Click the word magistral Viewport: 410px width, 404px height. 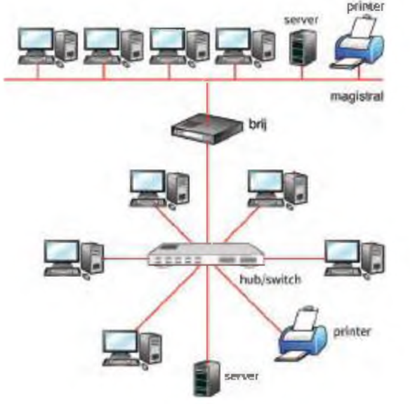click(357, 96)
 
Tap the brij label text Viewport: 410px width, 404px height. click(258, 124)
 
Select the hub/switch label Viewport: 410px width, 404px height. click(270, 280)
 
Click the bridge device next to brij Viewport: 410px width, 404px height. click(206, 128)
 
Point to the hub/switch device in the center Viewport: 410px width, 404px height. click(206, 255)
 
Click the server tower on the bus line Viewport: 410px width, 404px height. click(303, 47)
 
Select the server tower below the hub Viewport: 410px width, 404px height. click(206, 378)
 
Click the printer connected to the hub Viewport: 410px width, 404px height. click(301, 335)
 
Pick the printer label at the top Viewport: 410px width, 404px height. click(366, 6)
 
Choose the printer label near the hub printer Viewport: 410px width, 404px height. click(352, 332)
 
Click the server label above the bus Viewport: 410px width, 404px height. click(301, 20)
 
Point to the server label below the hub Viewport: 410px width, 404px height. click(242, 377)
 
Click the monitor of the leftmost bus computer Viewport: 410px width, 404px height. click(36, 39)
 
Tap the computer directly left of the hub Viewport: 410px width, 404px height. click(74, 260)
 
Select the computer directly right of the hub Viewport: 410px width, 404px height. click(355, 260)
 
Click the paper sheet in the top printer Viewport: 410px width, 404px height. click(364, 27)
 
